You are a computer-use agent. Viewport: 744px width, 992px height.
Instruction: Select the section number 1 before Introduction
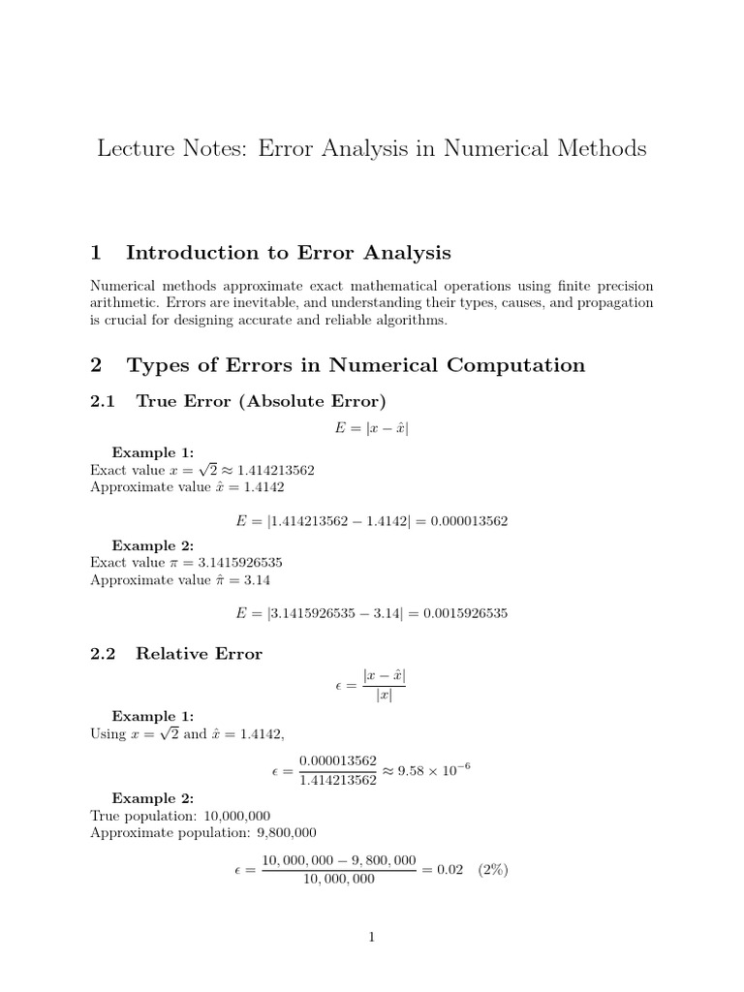[96, 253]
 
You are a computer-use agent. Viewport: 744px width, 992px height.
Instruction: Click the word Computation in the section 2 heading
[514, 365]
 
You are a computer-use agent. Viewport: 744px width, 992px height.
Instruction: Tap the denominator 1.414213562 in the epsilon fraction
[338, 781]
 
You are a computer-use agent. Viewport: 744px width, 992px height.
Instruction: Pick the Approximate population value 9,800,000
[272, 832]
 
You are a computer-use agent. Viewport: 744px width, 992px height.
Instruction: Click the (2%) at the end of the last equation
[494, 869]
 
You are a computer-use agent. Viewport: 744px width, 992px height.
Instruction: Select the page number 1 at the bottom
[371, 937]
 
